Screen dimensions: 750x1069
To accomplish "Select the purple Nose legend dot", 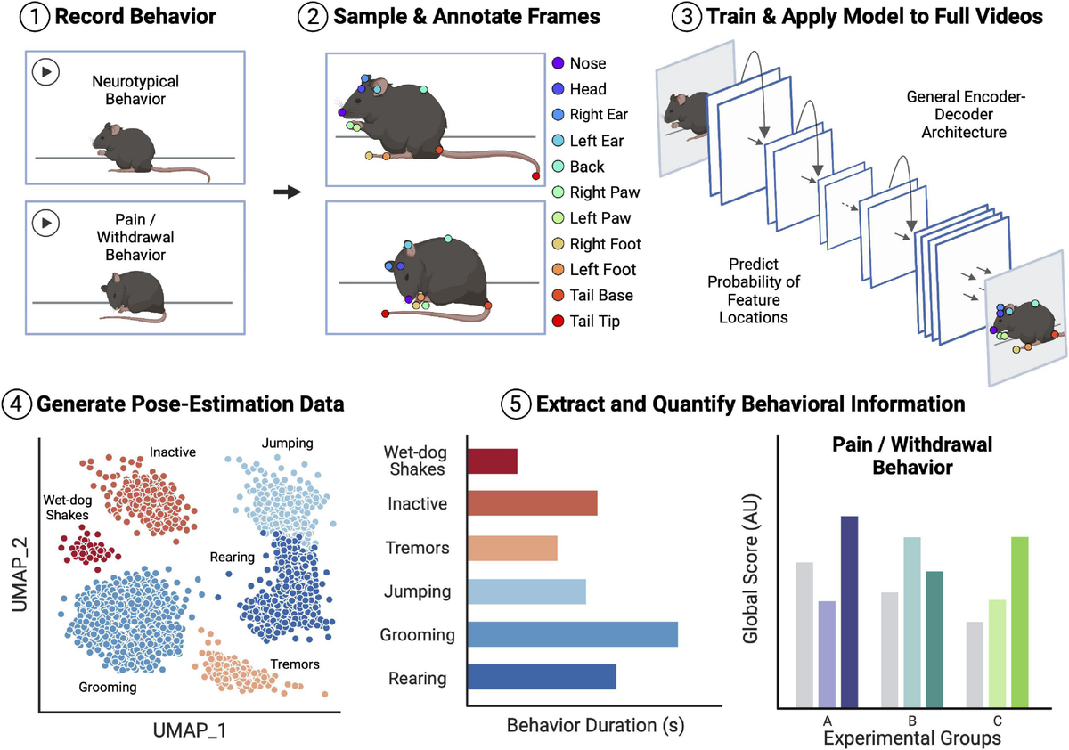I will point(558,63).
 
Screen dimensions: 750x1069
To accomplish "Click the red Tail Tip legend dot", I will point(558,321).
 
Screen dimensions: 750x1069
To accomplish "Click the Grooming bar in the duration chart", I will point(572,634).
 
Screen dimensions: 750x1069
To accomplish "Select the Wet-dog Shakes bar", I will point(492,461).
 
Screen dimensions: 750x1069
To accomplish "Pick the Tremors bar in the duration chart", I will point(512,548).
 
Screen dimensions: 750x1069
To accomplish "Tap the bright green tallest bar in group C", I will point(1021,622).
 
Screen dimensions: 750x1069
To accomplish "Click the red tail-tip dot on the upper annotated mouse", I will point(535,176).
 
